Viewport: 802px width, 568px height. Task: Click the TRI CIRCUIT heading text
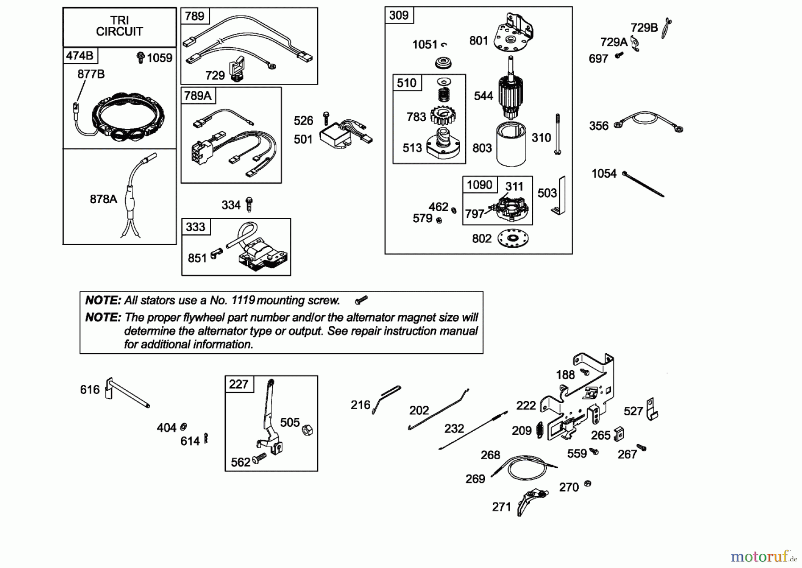(119, 26)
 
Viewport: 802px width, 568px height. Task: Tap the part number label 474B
(80, 56)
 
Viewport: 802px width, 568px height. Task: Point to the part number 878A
(103, 199)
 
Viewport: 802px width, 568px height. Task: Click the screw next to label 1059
(140, 57)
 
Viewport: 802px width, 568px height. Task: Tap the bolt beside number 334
(250, 204)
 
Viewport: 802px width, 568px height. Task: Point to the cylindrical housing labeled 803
(511, 144)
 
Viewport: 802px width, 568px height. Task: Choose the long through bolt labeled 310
(557, 134)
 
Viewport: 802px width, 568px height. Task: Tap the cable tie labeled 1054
(643, 184)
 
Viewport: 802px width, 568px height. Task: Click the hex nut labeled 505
(307, 430)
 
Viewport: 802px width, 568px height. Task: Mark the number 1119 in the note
(243, 300)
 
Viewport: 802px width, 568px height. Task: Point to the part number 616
(90, 390)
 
